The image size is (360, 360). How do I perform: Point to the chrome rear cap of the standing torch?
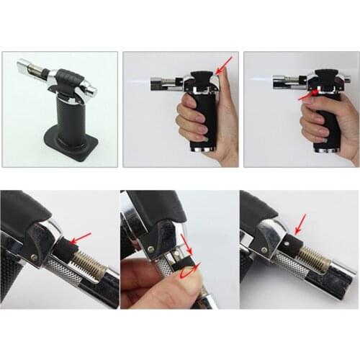click(x=87, y=89)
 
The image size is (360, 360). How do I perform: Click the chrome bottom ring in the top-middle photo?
click(x=202, y=149)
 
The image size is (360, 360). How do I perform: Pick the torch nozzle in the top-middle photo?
click(x=161, y=84)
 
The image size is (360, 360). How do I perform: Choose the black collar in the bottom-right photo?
click(x=292, y=243)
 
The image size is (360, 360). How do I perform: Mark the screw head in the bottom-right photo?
click(x=264, y=252)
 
